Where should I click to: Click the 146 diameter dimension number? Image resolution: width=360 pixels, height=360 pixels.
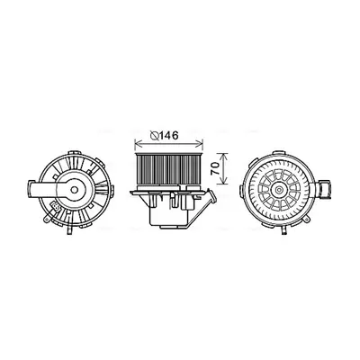[168, 136]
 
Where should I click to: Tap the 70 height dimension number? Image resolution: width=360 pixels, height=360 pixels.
[215, 169]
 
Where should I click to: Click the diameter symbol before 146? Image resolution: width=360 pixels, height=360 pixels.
[155, 136]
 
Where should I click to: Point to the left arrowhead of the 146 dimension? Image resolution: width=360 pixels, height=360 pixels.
[138, 144]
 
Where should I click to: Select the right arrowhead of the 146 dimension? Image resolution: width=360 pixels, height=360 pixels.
[201, 144]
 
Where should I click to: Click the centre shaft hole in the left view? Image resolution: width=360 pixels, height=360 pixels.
[74, 189]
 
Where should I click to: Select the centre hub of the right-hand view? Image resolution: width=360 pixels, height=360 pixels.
[279, 190]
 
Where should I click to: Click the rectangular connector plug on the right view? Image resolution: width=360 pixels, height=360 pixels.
[324, 188]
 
